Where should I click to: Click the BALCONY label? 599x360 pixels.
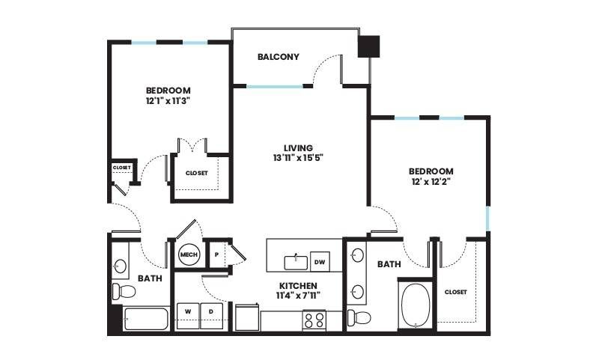[x=278, y=57]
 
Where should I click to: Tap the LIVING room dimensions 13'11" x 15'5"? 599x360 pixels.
[x=298, y=158]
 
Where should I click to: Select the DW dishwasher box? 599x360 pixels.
[x=320, y=261]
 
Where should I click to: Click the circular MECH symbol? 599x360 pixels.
[x=189, y=254]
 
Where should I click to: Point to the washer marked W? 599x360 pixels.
[x=188, y=316]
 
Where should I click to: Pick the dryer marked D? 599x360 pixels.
[x=211, y=316]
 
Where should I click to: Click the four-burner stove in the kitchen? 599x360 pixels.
[x=314, y=320]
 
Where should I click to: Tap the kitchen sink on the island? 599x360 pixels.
[x=296, y=263]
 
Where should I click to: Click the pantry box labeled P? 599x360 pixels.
[x=216, y=254]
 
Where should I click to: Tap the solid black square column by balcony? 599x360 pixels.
[x=368, y=46]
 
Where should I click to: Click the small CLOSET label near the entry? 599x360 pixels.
[x=122, y=168]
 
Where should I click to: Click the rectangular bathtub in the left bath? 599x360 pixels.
[x=146, y=319]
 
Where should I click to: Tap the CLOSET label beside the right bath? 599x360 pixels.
[x=456, y=292]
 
